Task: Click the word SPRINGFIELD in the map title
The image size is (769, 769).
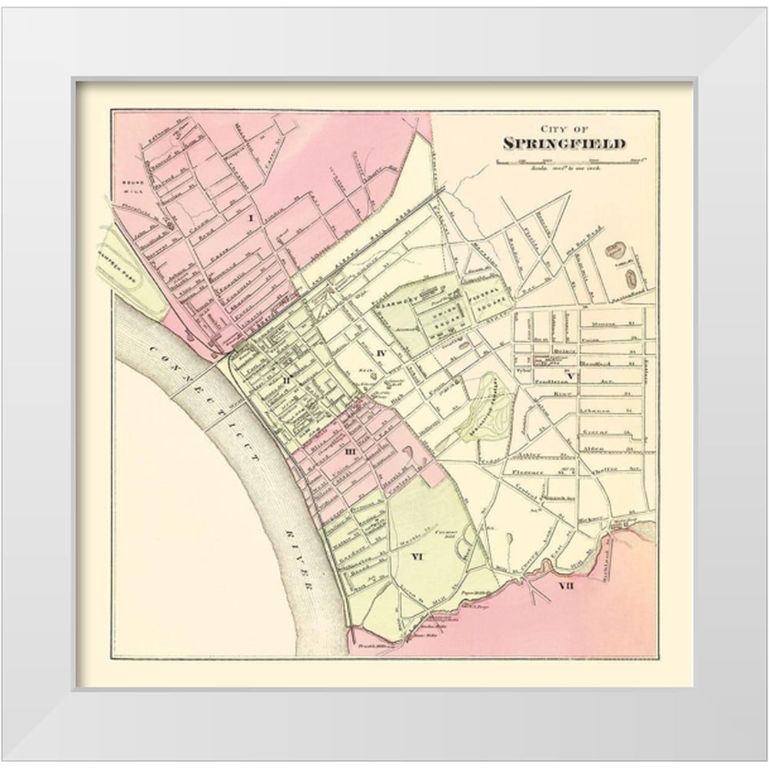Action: coord(564,142)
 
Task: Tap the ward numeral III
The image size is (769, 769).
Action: coord(350,451)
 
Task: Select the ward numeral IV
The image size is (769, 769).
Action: coord(380,352)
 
